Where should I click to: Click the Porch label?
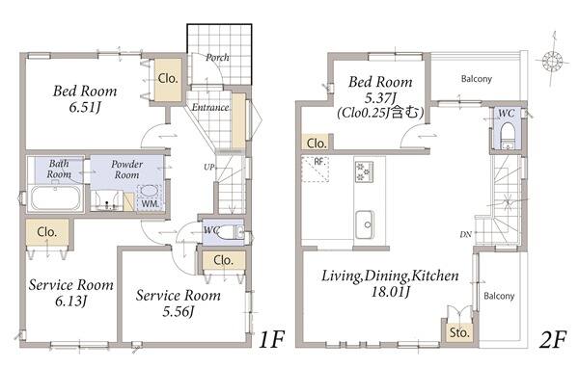(x=217, y=58)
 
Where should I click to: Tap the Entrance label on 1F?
(x=210, y=107)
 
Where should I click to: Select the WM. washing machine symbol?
(x=150, y=197)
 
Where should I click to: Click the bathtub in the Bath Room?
(x=55, y=197)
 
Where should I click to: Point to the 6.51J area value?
(x=85, y=107)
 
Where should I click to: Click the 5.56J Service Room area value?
(x=178, y=311)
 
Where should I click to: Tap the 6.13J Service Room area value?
(x=70, y=302)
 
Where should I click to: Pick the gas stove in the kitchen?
(x=364, y=171)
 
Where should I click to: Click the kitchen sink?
(x=365, y=224)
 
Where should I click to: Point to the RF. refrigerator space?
(x=315, y=170)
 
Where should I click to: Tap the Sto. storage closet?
(x=459, y=333)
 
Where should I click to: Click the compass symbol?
(x=552, y=61)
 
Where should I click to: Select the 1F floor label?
(x=271, y=339)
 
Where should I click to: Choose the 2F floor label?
(x=552, y=339)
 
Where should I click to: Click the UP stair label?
(x=208, y=167)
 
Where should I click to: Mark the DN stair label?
(x=466, y=234)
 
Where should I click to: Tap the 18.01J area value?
(x=390, y=292)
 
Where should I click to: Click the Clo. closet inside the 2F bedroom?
(x=317, y=144)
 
